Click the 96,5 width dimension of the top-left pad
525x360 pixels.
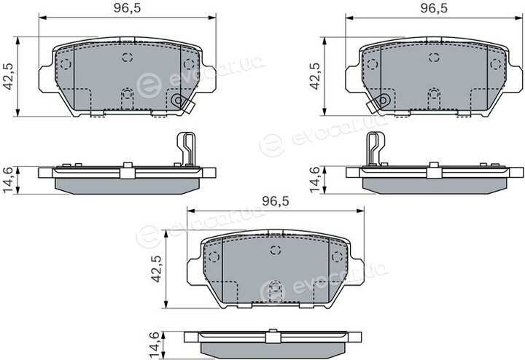point(127,8)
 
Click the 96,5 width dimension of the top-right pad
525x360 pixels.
point(434,8)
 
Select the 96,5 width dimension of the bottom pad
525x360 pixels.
point(275,201)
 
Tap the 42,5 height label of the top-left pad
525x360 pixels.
point(8,77)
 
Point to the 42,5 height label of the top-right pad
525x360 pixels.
point(315,77)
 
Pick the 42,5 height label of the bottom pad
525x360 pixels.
point(156,269)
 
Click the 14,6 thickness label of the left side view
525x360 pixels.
point(8,180)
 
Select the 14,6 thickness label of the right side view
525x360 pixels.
point(315,180)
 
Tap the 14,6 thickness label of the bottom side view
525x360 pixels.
point(156,345)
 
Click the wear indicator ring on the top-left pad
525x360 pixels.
point(177,100)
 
